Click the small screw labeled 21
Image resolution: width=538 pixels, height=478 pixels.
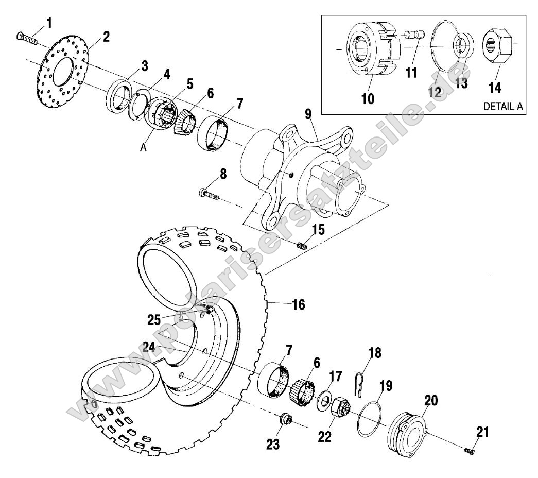468,451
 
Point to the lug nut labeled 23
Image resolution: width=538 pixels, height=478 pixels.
285,420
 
